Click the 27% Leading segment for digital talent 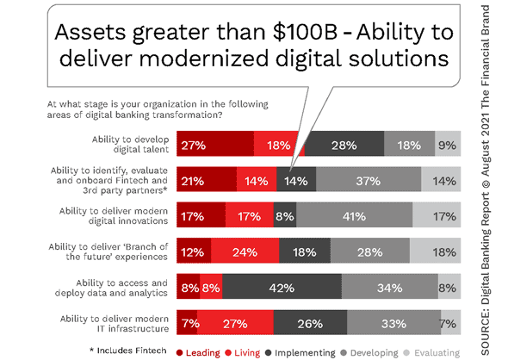(x=215, y=144)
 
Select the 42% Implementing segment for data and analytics (x=282, y=287)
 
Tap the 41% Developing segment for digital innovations (x=355, y=214)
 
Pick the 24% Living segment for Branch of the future (x=245, y=251)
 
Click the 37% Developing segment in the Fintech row (x=369, y=179)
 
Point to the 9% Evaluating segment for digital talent (x=448, y=144)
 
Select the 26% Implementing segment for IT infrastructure (x=310, y=322)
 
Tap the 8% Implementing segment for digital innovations (x=285, y=214)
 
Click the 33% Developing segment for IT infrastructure (x=394, y=322)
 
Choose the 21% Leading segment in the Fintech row (x=207, y=179)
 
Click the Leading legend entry (x=198, y=353)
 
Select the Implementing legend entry (x=300, y=353)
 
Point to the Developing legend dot (x=344, y=352)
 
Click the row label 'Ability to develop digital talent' (x=130, y=144)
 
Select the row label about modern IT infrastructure (x=115, y=323)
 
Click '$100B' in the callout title (x=306, y=32)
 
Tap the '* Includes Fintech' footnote (x=128, y=351)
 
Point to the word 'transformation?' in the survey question (x=188, y=115)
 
